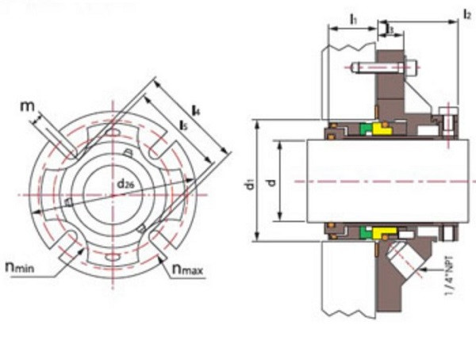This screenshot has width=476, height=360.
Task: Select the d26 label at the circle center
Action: tap(125, 185)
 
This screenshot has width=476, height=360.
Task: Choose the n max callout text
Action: tap(187, 271)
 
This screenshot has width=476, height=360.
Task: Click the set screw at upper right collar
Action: tap(451, 124)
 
